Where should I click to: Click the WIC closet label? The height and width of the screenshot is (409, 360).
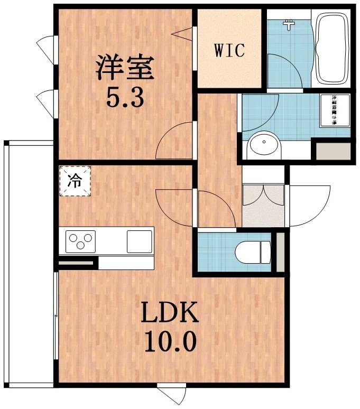[229, 51]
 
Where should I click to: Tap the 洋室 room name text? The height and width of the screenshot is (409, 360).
[124, 68]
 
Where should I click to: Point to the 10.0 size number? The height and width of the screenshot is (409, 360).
[169, 342]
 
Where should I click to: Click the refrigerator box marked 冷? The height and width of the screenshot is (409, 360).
[75, 181]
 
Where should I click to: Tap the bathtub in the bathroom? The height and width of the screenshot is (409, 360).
[331, 48]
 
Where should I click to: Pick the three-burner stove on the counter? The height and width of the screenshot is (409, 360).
[81, 242]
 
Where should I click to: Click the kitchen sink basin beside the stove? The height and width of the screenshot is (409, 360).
[140, 241]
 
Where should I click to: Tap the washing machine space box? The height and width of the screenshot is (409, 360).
[335, 110]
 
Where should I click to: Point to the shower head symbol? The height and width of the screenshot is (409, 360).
[289, 24]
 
